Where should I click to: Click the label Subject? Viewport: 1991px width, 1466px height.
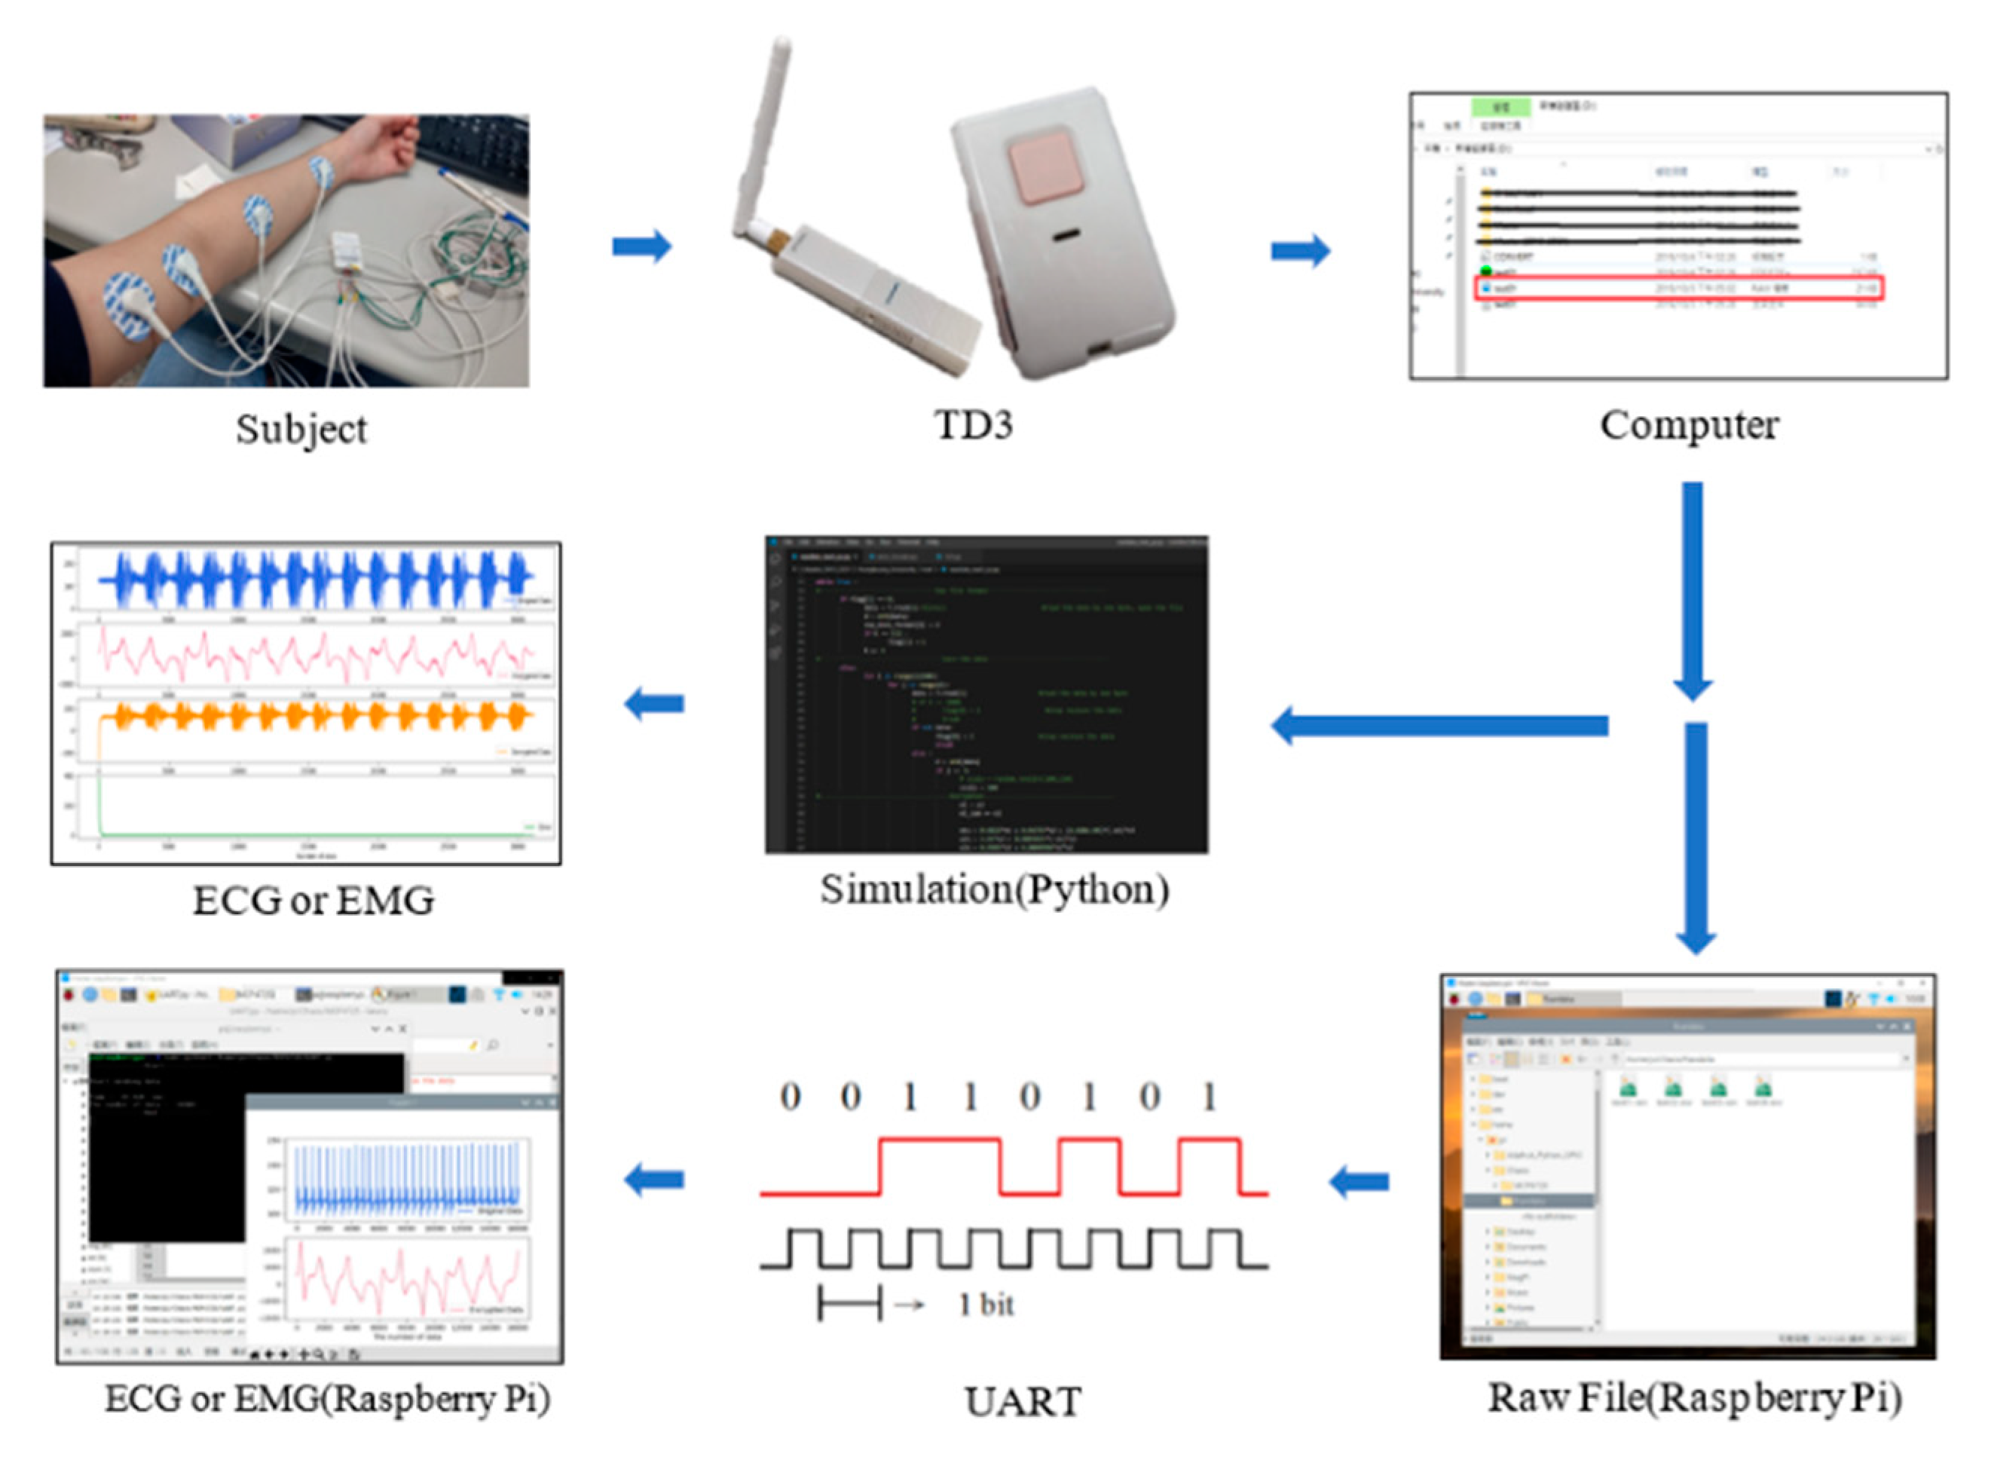(301, 430)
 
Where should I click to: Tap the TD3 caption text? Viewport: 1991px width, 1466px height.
(974, 425)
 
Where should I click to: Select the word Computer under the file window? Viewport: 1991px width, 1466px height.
(1689, 425)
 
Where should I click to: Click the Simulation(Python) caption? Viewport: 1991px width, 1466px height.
(994, 889)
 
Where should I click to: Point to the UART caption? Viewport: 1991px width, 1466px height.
(1022, 1402)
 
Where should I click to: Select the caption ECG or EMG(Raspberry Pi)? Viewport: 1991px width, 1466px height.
(327, 1400)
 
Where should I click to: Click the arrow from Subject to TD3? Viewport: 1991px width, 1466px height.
(641, 246)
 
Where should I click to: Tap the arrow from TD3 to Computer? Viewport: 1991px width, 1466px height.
(1300, 251)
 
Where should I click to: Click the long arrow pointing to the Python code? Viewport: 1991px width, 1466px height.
(1437, 726)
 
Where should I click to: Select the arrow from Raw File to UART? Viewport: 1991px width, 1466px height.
(1359, 1181)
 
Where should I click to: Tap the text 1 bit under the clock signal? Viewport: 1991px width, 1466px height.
(986, 1305)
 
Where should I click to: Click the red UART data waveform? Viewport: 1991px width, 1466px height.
(940, 1140)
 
